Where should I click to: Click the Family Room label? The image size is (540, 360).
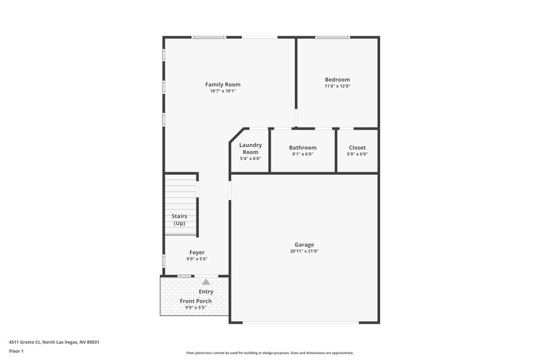(223, 84)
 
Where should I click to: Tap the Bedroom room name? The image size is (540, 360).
(337, 80)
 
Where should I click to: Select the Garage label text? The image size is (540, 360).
(304, 245)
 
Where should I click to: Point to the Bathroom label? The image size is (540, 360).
(302, 147)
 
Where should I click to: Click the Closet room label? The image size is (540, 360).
(357, 147)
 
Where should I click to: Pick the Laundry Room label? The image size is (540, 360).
(250, 149)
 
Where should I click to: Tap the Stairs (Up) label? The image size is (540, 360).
(179, 220)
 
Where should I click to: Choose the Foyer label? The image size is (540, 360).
(196, 252)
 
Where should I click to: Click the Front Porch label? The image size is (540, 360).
(196, 301)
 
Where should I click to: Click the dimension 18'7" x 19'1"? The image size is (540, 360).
(223, 91)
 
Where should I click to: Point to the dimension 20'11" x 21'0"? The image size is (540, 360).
(304, 251)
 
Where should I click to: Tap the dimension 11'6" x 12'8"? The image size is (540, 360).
(337, 86)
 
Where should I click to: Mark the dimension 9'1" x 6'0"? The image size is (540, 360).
(302, 154)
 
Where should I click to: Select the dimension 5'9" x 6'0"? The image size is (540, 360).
(357, 154)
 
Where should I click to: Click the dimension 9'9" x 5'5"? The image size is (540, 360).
(196, 307)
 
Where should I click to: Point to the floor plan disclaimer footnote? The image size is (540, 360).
(270, 353)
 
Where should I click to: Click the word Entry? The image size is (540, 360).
(206, 292)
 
